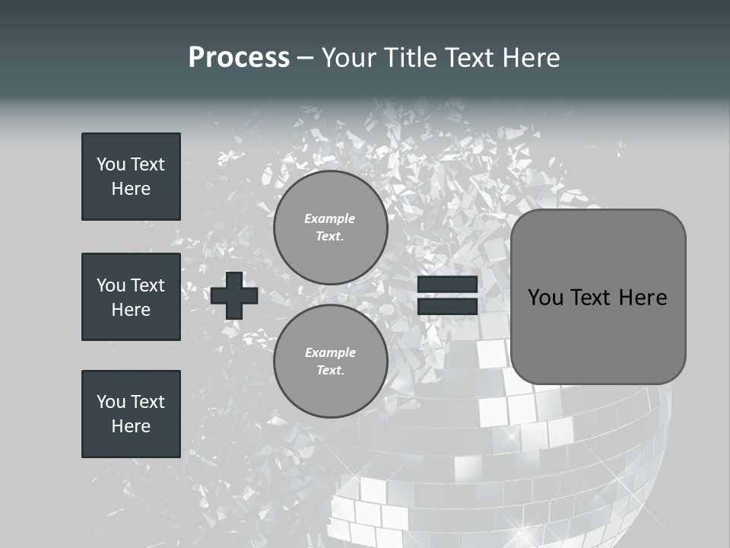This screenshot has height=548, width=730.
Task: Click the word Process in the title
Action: [239, 58]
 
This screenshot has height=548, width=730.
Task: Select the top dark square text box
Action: [131, 177]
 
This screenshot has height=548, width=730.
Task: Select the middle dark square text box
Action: [131, 297]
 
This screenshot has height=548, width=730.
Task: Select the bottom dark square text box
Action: [131, 414]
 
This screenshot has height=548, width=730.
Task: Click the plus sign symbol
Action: [234, 295]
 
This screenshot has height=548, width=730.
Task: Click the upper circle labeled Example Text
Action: [330, 227]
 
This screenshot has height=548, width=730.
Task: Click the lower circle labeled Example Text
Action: [330, 361]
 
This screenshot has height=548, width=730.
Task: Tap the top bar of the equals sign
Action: [447, 285]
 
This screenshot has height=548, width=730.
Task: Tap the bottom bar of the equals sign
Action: [447, 307]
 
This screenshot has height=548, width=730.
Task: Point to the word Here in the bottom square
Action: [131, 426]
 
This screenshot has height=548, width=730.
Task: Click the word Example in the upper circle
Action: [330, 218]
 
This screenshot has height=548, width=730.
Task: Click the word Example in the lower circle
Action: [330, 352]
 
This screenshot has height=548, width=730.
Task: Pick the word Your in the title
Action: [348, 58]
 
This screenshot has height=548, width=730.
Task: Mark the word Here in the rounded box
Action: [643, 298]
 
